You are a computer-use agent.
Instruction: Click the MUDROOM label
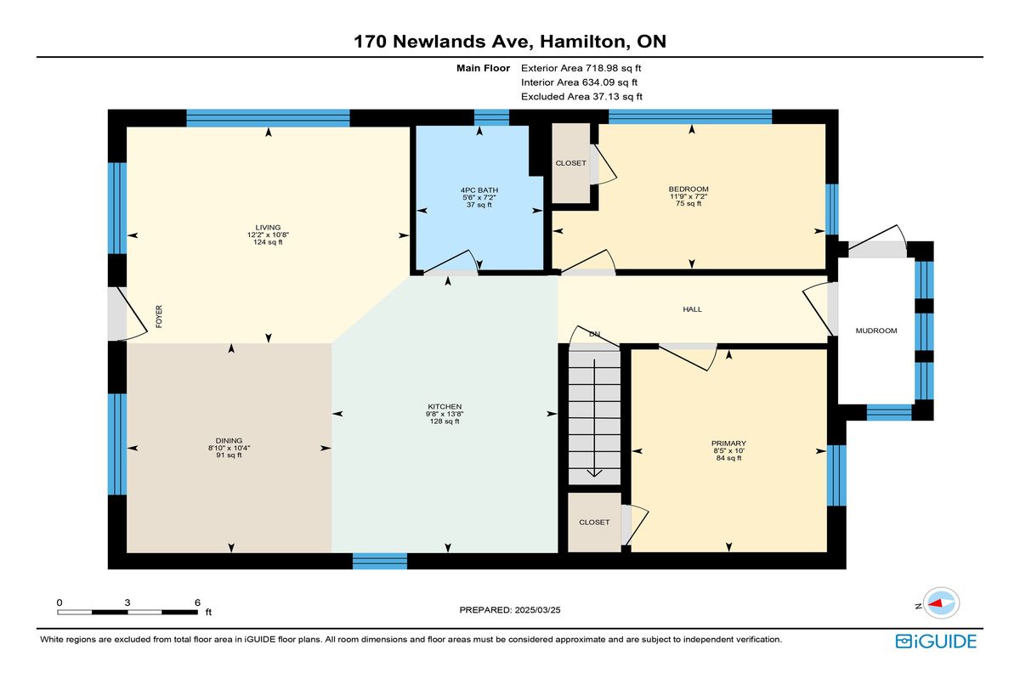pyautogui.click(x=876, y=331)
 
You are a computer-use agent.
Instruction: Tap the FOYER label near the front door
pyautogui.click(x=159, y=316)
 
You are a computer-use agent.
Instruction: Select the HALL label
pyautogui.click(x=692, y=309)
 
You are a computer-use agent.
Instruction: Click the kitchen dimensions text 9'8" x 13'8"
pyautogui.click(x=445, y=414)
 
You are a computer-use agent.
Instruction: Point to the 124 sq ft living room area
pyautogui.click(x=268, y=242)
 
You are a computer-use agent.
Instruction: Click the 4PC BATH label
pyautogui.click(x=479, y=190)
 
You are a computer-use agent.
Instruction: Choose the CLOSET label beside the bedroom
pyautogui.click(x=570, y=163)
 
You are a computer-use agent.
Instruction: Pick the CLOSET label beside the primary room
pyautogui.click(x=594, y=523)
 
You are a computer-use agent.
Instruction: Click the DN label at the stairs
pyautogui.click(x=595, y=334)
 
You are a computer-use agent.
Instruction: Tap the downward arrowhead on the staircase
pyautogui.click(x=594, y=473)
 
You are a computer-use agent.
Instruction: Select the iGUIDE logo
pyautogui.click(x=936, y=642)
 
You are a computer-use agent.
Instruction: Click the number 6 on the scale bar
pyautogui.click(x=197, y=602)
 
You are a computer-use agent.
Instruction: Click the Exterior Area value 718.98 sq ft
pyautogui.click(x=614, y=68)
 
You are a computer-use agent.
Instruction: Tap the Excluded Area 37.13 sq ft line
pyautogui.click(x=581, y=97)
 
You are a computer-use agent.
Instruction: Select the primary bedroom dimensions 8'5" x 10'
pyautogui.click(x=728, y=451)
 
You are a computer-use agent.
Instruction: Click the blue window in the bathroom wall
pyautogui.click(x=491, y=117)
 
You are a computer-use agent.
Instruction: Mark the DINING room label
pyautogui.click(x=229, y=440)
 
